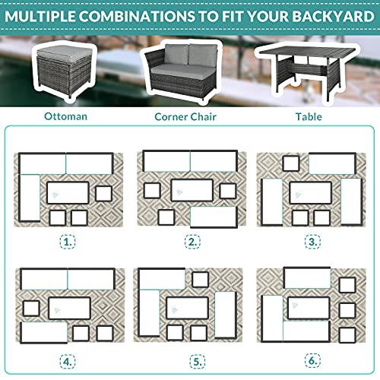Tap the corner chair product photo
click(186, 72)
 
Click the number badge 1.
click(69, 242)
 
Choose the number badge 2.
click(193, 242)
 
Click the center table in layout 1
click(68, 192)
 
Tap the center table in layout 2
click(191, 190)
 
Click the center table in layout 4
click(70, 308)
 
